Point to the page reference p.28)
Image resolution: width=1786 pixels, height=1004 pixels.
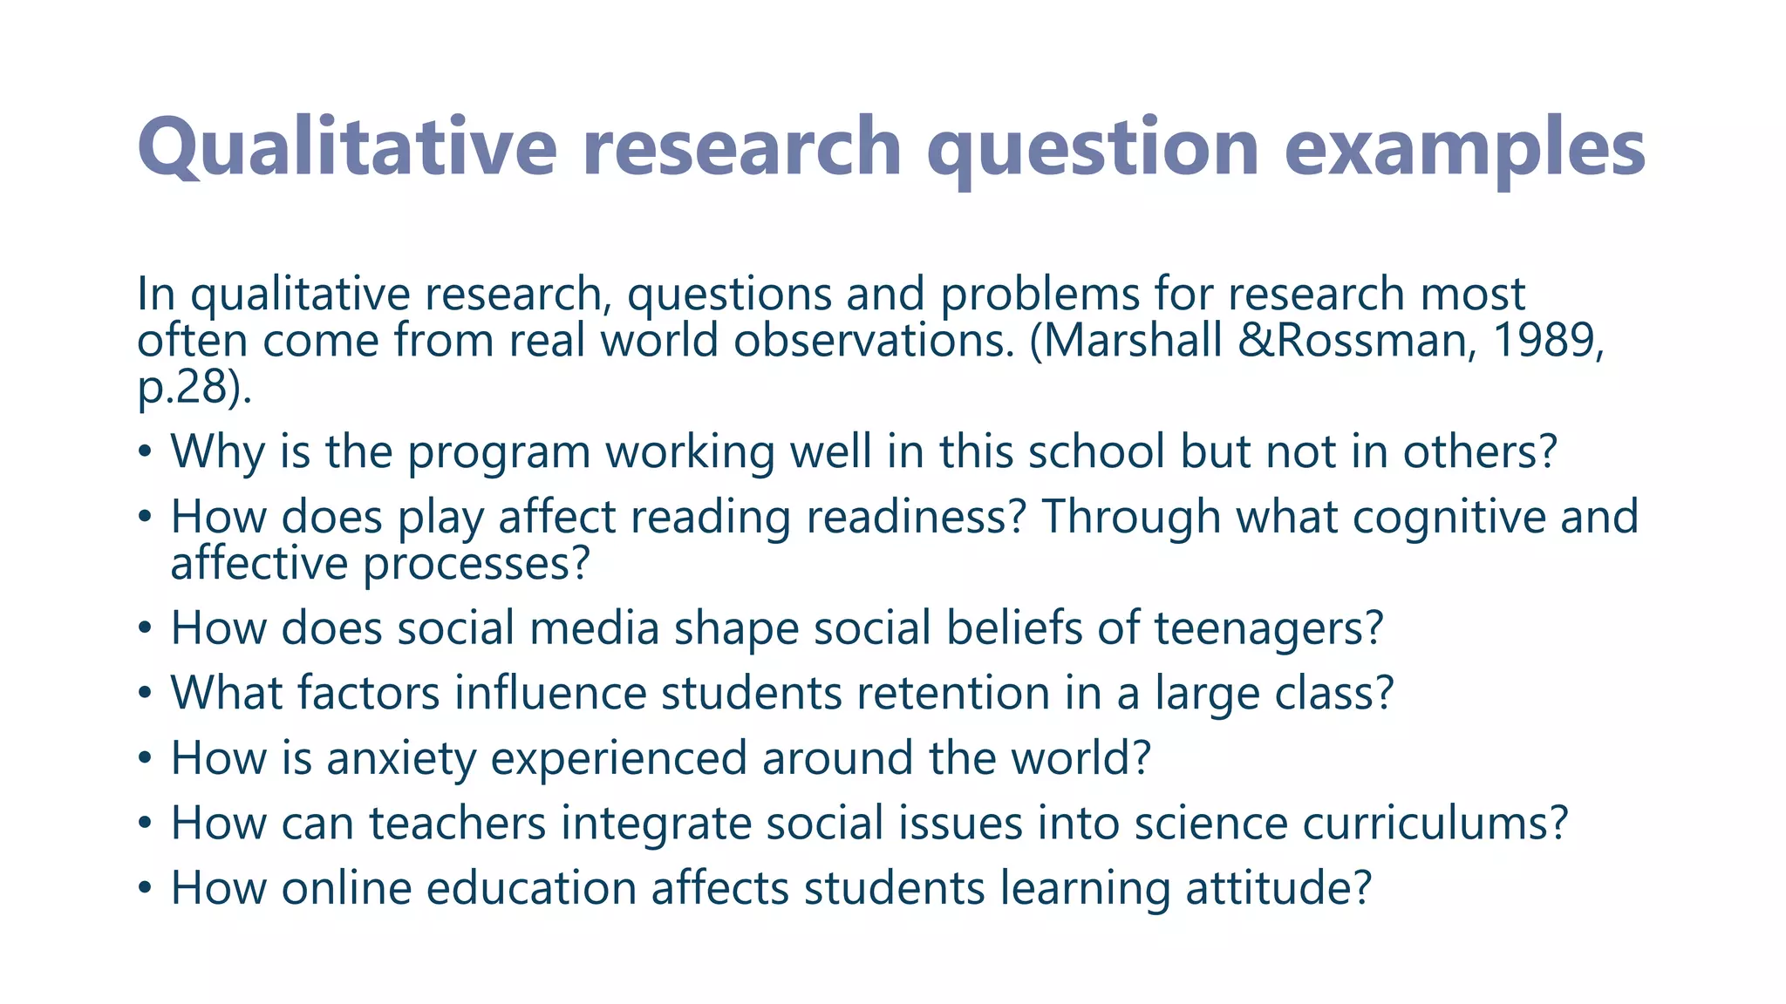(x=194, y=387)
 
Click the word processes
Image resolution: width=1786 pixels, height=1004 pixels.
(x=476, y=563)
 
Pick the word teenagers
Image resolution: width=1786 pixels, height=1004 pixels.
(x=1269, y=627)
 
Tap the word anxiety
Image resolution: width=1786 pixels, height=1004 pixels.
(x=400, y=757)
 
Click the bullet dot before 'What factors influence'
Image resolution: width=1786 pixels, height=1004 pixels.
(x=146, y=695)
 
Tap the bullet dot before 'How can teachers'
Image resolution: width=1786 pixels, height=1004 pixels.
(x=146, y=824)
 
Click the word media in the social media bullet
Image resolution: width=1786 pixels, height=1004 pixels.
(x=594, y=627)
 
